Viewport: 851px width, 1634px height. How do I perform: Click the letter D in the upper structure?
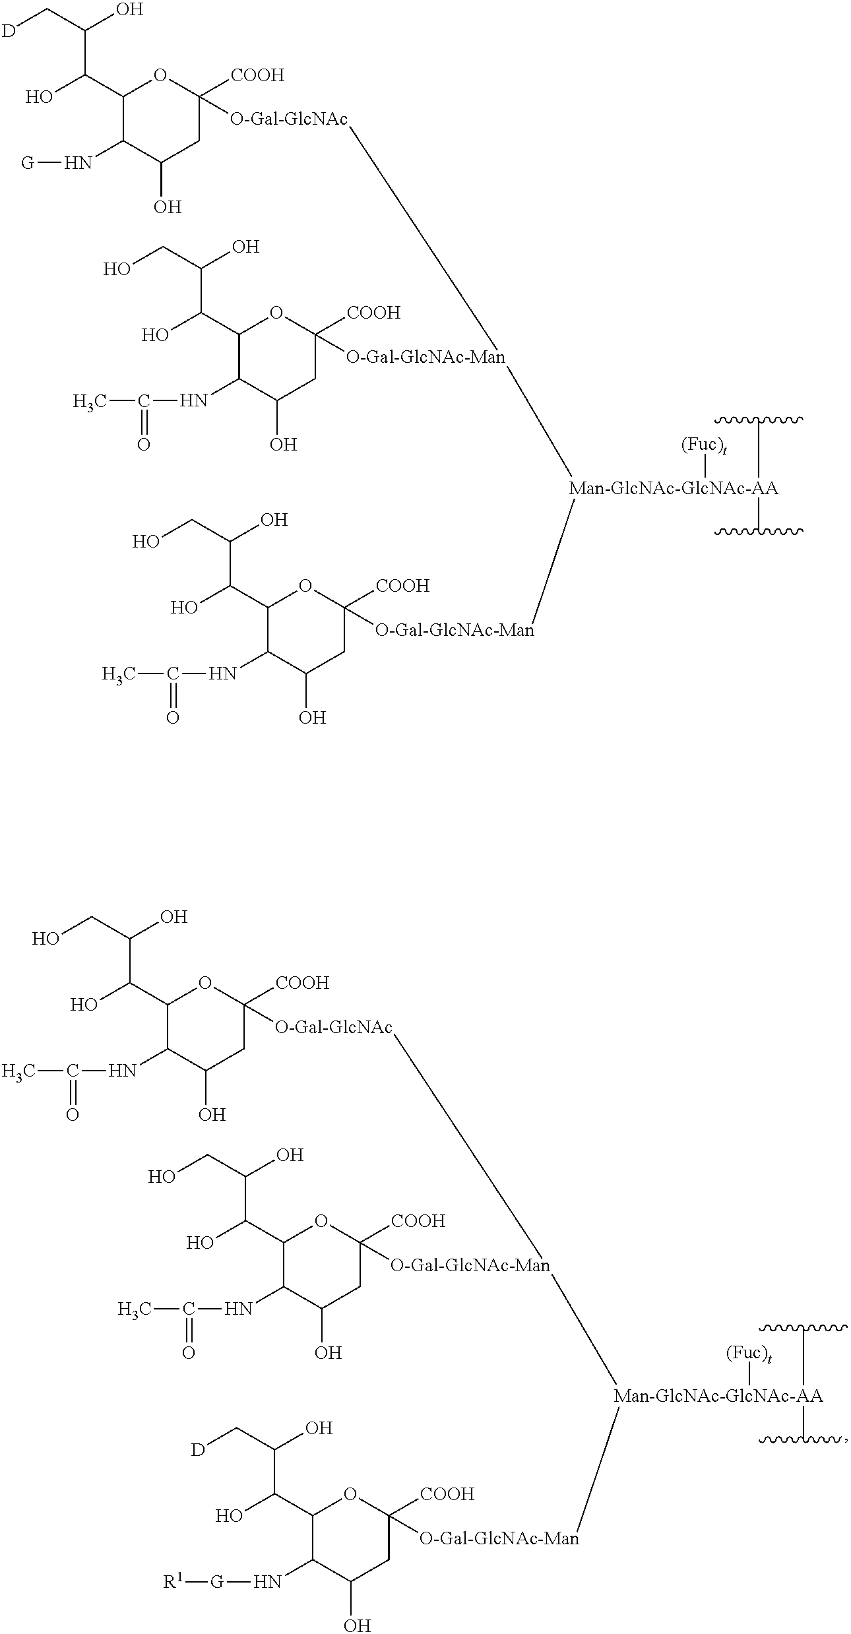[8, 30]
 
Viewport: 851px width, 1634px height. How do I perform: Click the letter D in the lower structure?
[197, 1449]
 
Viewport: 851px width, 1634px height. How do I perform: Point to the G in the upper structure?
[28, 162]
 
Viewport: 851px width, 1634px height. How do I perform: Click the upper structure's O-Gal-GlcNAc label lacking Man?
[289, 119]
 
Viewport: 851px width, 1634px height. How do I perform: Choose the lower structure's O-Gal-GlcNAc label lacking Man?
[334, 1027]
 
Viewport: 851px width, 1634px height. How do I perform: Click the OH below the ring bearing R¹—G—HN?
[357, 1624]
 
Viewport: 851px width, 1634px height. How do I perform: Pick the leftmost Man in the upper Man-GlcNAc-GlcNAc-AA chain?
[586, 489]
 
